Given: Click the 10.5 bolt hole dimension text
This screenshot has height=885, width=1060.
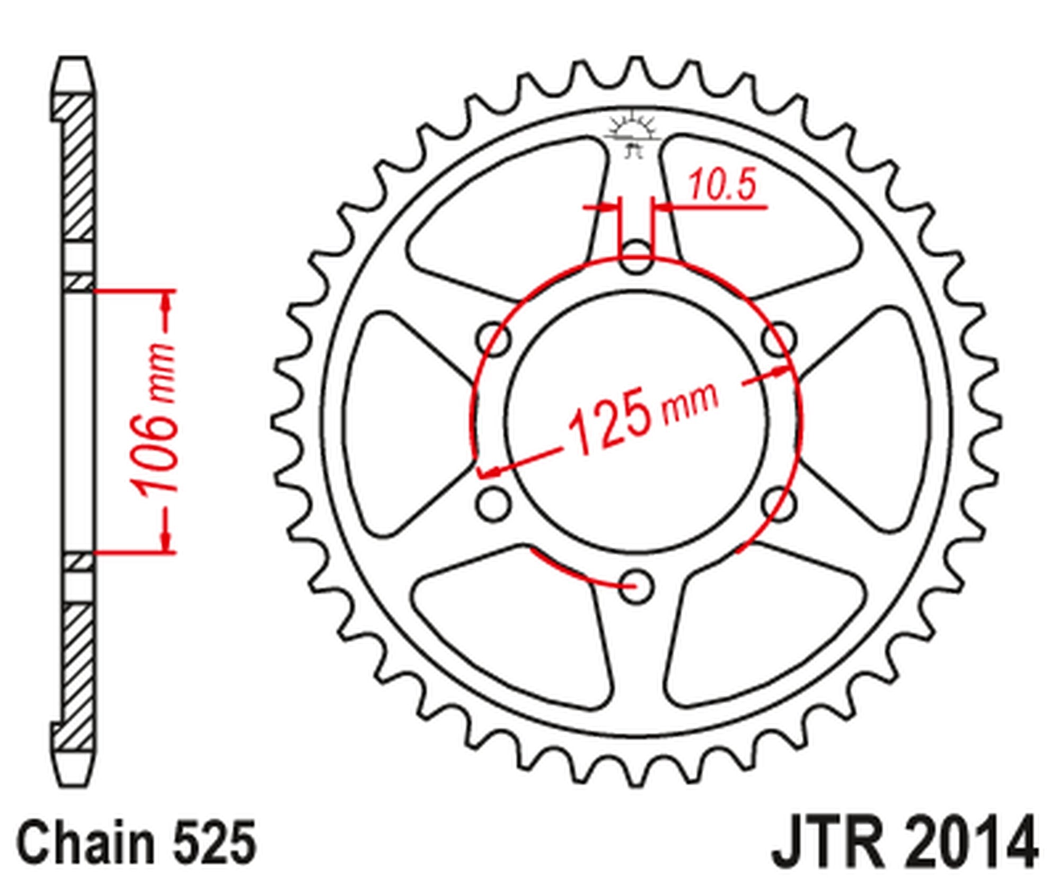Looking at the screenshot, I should tap(722, 186).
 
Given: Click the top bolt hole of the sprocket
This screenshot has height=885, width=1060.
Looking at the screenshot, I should tap(636, 256).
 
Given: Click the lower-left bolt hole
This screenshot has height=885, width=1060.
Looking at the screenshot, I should tap(493, 503).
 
